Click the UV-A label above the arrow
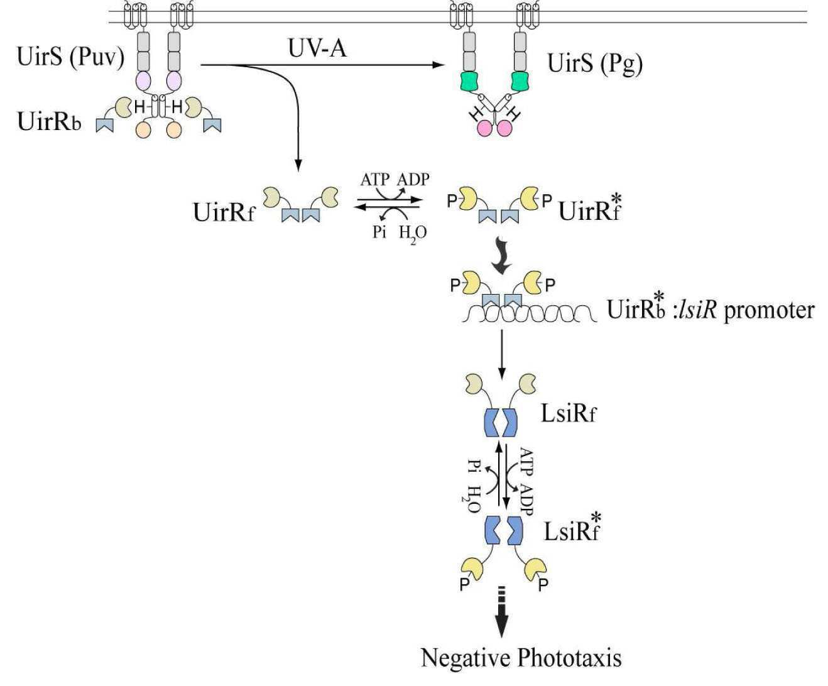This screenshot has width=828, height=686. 317,49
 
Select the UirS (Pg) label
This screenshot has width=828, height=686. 595,63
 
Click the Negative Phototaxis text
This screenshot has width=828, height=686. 521,658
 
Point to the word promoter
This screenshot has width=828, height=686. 770,310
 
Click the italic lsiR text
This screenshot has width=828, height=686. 697,310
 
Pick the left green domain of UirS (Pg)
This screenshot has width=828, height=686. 469,82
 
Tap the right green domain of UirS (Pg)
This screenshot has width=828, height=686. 520,82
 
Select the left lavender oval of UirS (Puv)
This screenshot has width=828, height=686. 143,81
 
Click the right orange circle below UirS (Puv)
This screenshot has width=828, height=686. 173,130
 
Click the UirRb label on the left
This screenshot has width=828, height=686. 49,121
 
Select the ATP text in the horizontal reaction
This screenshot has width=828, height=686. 375,180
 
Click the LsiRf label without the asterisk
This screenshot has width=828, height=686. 569,415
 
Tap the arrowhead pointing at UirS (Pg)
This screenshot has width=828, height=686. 437,65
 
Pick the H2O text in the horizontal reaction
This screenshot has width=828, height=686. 413,234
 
